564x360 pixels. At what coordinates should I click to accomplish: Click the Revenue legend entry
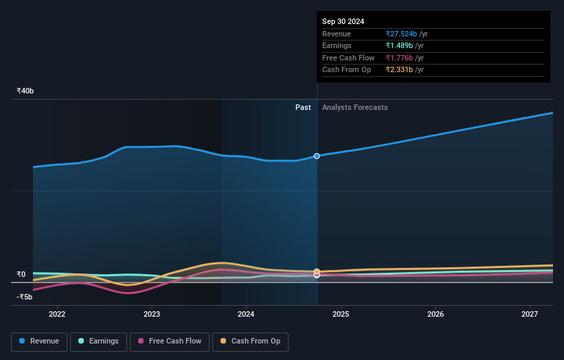point(39,341)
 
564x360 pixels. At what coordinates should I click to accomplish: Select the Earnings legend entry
point(98,341)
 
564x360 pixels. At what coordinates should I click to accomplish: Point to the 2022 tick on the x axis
point(57,315)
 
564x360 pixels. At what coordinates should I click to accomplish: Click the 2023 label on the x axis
point(152,315)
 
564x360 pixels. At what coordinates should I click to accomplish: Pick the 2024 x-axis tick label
point(246,315)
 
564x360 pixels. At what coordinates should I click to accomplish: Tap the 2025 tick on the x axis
point(341,315)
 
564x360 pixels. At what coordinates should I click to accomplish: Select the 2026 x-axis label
point(435,315)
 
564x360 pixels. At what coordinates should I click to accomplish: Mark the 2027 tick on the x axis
point(530,315)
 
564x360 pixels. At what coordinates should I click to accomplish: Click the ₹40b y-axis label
point(25,91)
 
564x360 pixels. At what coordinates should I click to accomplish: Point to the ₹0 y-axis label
point(21,274)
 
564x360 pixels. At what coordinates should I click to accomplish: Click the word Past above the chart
point(303,107)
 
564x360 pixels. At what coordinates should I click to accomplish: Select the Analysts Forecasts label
point(354,107)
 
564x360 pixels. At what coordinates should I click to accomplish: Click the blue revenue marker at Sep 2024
point(317,156)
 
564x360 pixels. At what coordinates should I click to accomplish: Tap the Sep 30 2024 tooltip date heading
point(343,21)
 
